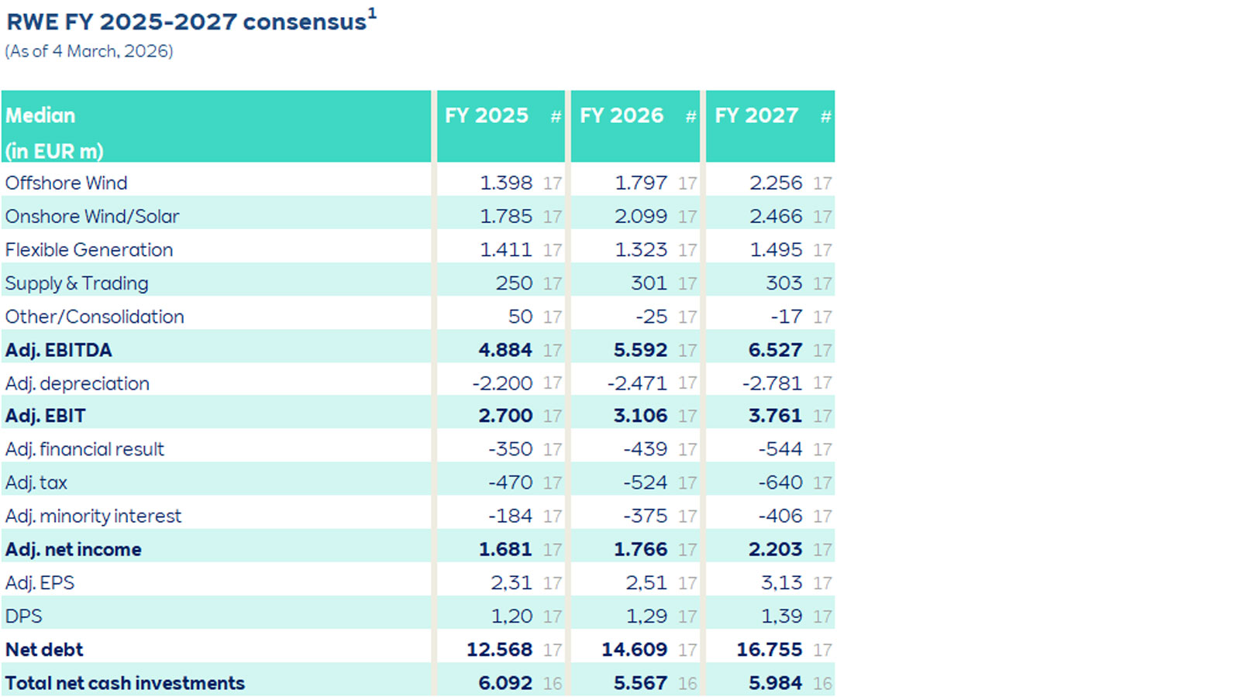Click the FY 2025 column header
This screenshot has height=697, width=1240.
point(486,115)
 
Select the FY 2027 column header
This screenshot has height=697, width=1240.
point(756,115)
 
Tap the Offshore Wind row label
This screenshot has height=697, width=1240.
point(66,183)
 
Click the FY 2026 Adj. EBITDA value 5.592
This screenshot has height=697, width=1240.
point(640,350)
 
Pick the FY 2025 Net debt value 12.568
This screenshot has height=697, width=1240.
point(499,650)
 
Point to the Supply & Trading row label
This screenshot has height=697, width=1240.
point(77,283)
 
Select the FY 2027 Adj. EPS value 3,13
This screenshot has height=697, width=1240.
point(781,582)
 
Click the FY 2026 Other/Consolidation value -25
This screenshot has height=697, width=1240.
point(651,317)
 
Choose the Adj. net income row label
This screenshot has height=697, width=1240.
point(73,550)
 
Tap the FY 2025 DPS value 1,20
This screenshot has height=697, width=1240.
point(511,616)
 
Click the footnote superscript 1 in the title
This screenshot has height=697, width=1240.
point(372,13)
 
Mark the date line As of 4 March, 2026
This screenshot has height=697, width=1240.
point(89,51)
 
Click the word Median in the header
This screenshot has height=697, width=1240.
point(40,115)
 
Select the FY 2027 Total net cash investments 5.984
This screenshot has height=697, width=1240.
point(775,683)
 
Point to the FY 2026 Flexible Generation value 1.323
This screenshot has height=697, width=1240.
point(641,250)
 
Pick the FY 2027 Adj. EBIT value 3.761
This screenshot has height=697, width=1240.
point(775,416)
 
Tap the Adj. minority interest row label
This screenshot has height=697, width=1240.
point(93,517)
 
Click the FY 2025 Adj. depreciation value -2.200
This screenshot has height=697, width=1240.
point(502,383)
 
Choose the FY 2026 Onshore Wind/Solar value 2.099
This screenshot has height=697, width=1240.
point(641,217)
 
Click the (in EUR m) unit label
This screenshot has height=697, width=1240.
point(54,151)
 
